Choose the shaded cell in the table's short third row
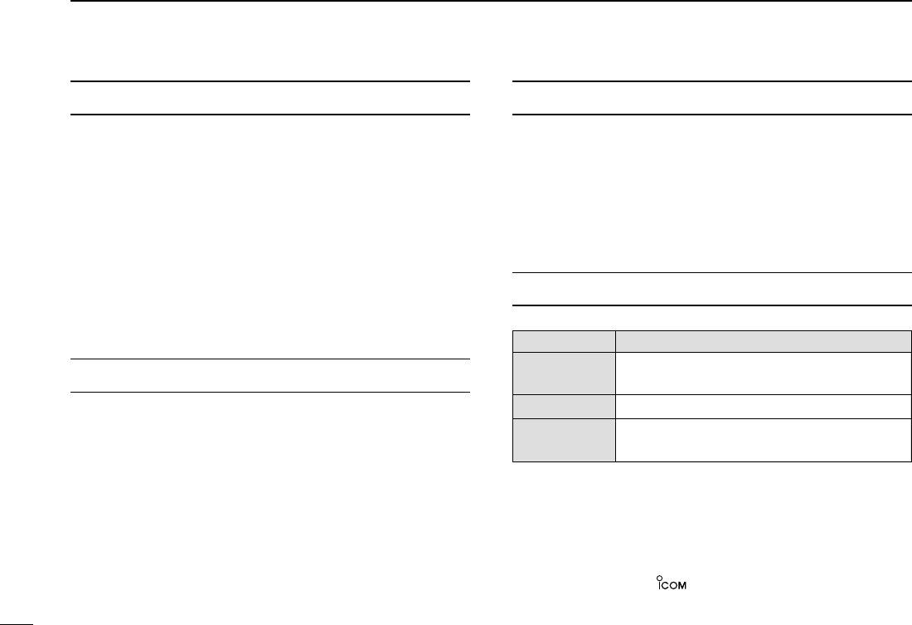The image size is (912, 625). click(x=564, y=405)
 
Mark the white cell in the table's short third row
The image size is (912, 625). click(x=759, y=405)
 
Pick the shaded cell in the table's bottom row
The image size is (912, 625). click(x=564, y=439)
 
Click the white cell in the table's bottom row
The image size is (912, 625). click(x=759, y=439)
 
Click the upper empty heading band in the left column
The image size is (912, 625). click(x=270, y=98)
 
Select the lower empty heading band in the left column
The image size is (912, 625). click(x=270, y=375)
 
